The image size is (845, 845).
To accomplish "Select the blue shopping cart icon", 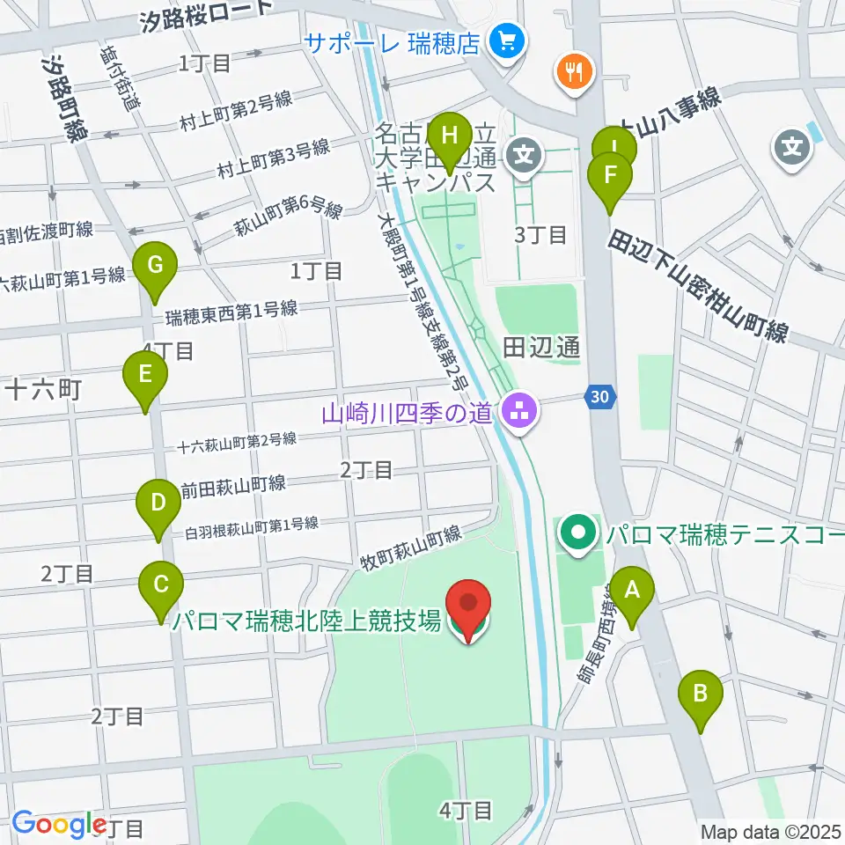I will click(x=507, y=40).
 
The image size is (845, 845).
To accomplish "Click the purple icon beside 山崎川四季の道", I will click(x=521, y=410).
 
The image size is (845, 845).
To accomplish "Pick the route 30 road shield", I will click(x=599, y=398).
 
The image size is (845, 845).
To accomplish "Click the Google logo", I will click(x=59, y=823).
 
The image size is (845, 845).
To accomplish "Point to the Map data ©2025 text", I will click(x=770, y=831).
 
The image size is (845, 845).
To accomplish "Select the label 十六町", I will click(x=43, y=389).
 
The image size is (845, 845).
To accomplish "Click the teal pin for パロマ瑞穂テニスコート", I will click(x=578, y=533).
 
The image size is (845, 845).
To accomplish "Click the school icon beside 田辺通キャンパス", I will click(x=525, y=158).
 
